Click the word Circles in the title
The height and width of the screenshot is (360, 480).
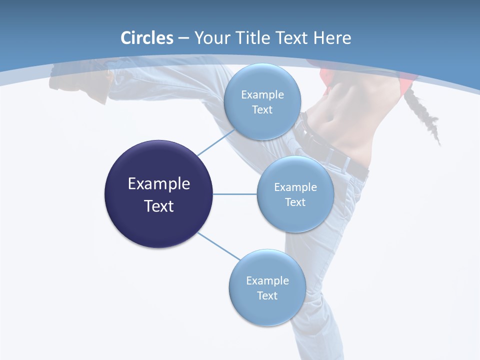tap(146, 38)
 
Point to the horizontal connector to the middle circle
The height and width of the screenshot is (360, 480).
tap(235, 194)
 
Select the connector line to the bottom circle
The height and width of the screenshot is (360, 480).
tap(218, 246)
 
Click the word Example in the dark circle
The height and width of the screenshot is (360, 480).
tap(159, 184)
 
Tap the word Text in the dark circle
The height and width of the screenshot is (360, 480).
tap(159, 206)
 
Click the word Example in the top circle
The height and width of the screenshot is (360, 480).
tap(262, 94)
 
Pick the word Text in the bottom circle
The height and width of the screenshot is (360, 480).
tap(267, 295)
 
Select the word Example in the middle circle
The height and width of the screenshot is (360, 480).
tap(295, 187)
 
